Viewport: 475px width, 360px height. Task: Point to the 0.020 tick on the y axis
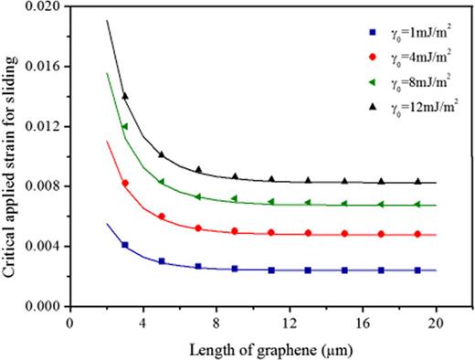42,7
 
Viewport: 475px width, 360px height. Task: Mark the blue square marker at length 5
162,261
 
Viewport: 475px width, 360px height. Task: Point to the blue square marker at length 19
417,270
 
